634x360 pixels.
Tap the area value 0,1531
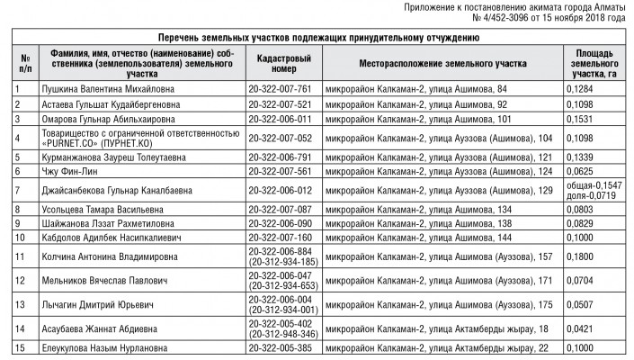coord(582,118)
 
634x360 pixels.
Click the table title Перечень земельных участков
coord(317,38)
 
